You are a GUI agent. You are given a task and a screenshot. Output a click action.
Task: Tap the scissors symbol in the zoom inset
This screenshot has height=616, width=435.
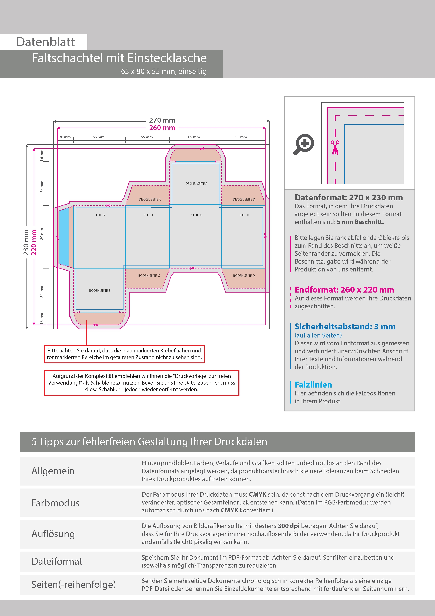pos(335,148)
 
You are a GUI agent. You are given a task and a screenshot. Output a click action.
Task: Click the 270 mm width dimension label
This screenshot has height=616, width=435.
pos(162,120)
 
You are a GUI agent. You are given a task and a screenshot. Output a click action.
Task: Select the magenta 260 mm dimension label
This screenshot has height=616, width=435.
pos(162,128)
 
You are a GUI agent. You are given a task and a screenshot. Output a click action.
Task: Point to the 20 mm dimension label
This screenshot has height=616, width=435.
pos(65,137)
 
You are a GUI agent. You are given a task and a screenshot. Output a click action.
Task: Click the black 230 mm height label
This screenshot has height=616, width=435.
pos(26,242)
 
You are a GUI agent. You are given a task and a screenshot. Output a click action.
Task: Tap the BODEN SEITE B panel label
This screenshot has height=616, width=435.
pos(100,291)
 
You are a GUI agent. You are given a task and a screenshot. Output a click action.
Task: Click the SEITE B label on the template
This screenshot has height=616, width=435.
pos(99,215)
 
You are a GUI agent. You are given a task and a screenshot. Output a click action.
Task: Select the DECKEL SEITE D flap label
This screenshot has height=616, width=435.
pos(244,199)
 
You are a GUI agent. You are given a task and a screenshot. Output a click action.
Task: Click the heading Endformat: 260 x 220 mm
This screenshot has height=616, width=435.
pos(344,290)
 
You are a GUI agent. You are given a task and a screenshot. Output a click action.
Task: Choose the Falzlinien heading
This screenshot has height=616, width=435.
pos(313,385)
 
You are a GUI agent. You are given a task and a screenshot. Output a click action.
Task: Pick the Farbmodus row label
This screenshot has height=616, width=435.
pos(55,503)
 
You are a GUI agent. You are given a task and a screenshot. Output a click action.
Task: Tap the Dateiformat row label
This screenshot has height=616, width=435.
pos(57,561)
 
